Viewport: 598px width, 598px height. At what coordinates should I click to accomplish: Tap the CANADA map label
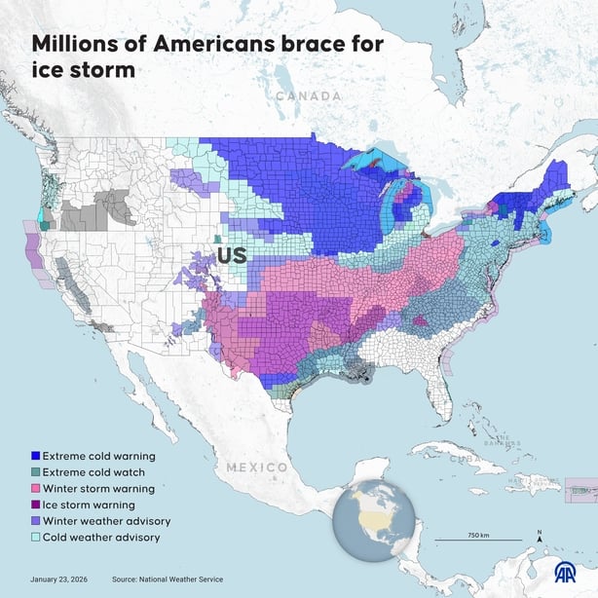pos(309,96)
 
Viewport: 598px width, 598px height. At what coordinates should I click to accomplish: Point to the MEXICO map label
pos(257,467)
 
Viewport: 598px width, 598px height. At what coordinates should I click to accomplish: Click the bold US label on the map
pos(231,256)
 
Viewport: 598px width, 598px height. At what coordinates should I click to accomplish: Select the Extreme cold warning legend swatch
pos(36,455)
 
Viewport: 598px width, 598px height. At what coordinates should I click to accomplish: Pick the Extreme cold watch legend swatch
pos(36,471)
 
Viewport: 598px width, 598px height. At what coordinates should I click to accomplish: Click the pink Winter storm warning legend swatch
pos(36,488)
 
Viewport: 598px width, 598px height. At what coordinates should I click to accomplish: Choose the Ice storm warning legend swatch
pos(36,505)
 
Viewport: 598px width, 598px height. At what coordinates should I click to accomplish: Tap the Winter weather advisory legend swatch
pos(36,521)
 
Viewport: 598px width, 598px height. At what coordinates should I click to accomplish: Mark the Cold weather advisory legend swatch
pos(36,537)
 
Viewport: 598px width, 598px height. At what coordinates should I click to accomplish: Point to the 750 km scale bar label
pos(477,536)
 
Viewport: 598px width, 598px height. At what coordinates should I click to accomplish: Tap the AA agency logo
pos(565,575)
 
